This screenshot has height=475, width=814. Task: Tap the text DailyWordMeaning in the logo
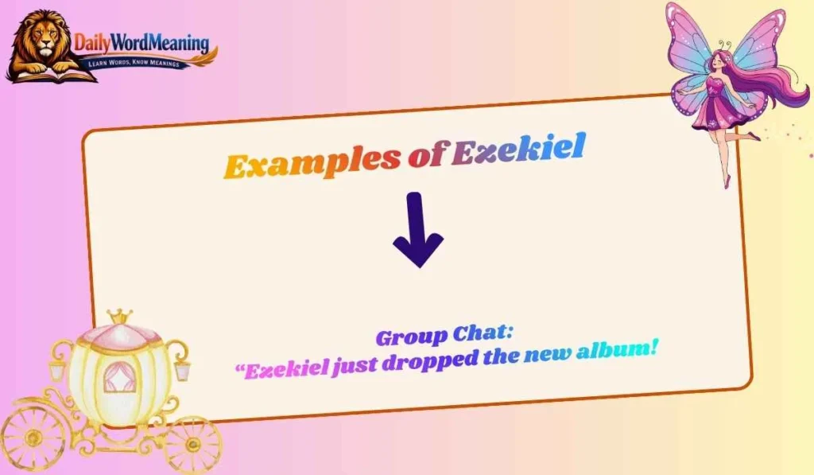[x=141, y=43]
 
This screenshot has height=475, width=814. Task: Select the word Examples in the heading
[x=312, y=163]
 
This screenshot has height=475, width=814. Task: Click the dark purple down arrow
[x=417, y=230]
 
